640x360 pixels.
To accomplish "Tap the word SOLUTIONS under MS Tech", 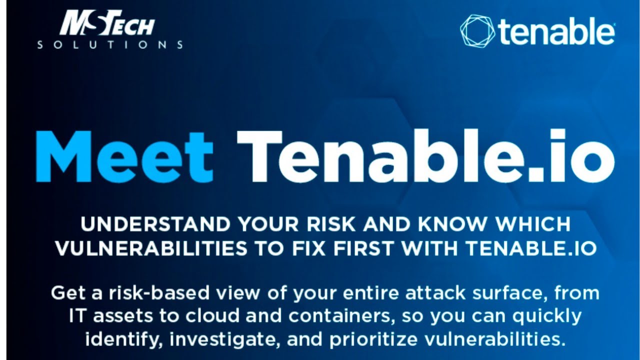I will (110, 45).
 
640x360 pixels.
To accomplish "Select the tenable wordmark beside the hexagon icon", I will (556, 32).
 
